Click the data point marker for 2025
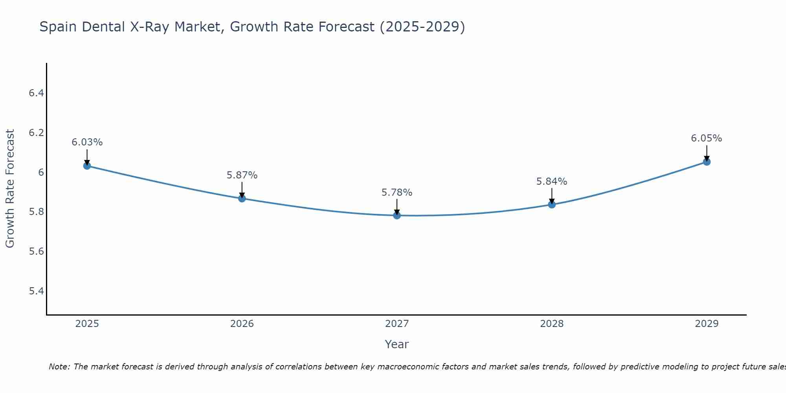[87, 166]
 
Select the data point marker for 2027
[397, 215]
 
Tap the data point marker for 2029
[707, 162]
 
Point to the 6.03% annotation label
[87, 142]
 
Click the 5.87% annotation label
[242, 175]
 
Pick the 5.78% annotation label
[397, 193]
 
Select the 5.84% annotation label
[552, 182]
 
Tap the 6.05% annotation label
[707, 138]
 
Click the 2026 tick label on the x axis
[242, 324]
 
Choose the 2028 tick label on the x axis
[552, 324]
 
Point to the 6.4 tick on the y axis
[37, 93]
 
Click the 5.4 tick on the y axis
[37, 291]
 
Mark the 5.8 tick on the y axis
[37, 212]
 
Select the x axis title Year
[397, 344]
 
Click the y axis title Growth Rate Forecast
[10, 189]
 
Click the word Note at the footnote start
[59, 367]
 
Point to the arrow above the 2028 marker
[552, 195]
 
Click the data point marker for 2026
[242, 198]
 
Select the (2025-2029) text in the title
[422, 27]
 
